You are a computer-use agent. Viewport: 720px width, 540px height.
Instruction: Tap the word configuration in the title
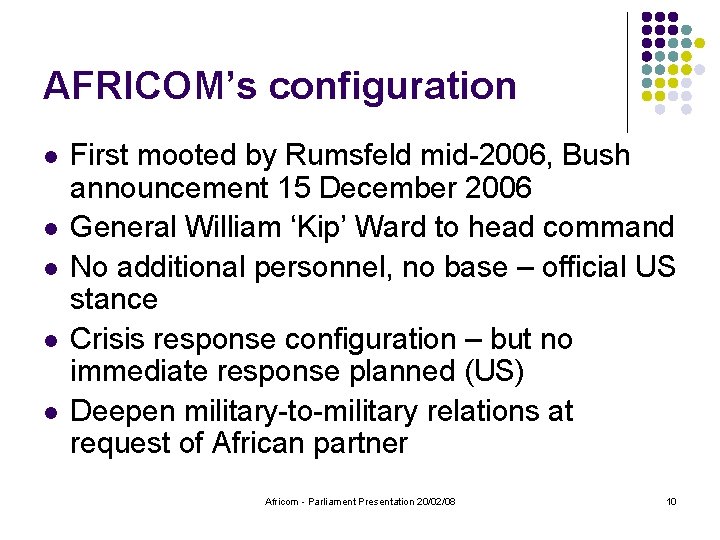tap(393, 88)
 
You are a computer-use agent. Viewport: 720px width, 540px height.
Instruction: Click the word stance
tap(114, 299)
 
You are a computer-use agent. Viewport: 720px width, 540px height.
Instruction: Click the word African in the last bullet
tap(269, 443)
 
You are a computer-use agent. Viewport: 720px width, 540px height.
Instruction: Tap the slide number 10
tap(671, 501)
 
